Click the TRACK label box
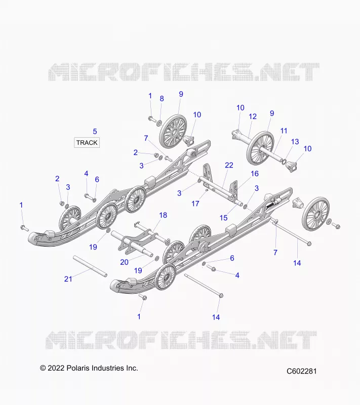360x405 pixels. point(87,143)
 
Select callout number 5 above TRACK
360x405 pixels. point(95,132)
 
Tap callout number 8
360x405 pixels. point(162,99)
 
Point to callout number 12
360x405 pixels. point(253,116)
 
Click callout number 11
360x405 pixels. point(284,131)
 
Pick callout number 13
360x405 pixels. point(295,142)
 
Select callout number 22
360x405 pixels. point(229,165)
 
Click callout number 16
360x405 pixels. point(254,174)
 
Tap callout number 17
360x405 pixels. point(195,204)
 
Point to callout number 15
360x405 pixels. point(223,218)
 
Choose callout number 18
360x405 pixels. point(163,215)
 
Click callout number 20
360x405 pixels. point(124,262)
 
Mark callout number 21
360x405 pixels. point(68,279)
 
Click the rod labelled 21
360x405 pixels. point(90,266)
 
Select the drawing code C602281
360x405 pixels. point(301,371)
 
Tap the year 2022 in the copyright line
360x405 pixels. point(56,368)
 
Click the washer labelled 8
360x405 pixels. point(159,122)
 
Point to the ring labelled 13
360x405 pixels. point(284,162)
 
